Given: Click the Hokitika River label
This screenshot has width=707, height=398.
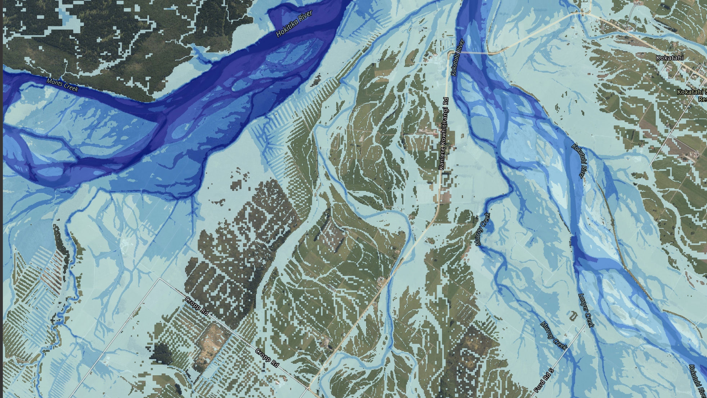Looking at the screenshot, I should (294, 24).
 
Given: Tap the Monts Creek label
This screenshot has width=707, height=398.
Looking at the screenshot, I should (62, 85).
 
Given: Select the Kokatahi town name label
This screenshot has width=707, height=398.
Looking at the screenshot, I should (670, 58).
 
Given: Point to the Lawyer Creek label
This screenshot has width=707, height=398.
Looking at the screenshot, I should (586, 310).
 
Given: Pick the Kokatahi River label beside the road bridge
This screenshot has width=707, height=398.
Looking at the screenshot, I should (458, 57).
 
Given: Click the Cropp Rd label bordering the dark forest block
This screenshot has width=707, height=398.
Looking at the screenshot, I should (197, 306).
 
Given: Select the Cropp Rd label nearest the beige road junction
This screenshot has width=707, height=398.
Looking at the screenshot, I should (267, 358).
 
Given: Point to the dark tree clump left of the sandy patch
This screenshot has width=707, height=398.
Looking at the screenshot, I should (161, 351).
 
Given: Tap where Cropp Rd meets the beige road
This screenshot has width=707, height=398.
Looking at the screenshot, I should (309, 388).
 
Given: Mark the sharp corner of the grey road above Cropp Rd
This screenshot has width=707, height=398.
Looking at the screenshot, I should (160, 278).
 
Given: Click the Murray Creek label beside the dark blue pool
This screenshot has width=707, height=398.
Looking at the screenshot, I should (483, 229).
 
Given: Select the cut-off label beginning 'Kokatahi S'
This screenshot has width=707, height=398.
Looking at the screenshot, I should (692, 92).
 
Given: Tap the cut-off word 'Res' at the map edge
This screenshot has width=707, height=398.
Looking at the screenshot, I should (702, 99).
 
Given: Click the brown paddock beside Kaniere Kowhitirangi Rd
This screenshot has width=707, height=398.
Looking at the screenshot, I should (446, 196).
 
